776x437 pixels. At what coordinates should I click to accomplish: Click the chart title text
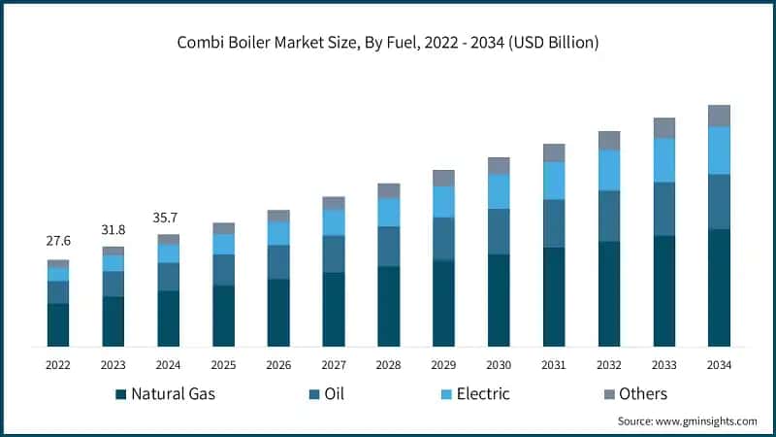click(x=388, y=43)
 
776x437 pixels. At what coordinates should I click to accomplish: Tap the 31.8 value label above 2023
click(x=113, y=230)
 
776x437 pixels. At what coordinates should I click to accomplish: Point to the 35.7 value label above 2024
click(x=169, y=218)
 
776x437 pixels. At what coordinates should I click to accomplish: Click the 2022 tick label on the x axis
click(x=58, y=364)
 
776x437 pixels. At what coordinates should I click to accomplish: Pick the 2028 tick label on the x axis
click(x=388, y=364)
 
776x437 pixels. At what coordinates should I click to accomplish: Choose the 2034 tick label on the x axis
click(x=719, y=364)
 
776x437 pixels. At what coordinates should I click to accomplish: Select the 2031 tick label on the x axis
click(x=554, y=364)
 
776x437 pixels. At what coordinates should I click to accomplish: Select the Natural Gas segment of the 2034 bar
click(x=719, y=287)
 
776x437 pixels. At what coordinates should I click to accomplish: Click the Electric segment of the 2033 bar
click(x=663, y=160)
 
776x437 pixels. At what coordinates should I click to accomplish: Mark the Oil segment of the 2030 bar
click(x=499, y=231)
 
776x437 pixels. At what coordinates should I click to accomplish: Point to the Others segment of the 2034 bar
click(x=719, y=116)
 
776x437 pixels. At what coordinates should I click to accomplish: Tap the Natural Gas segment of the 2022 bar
click(x=58, y=324)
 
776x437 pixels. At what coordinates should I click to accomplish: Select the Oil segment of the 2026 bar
click(x=278, y=261)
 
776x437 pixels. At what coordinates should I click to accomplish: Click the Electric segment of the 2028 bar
click(x=388, y=212)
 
